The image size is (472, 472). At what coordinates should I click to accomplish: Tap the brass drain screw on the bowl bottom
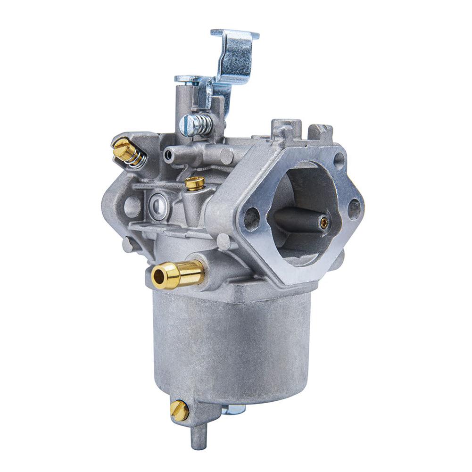click(179, 411)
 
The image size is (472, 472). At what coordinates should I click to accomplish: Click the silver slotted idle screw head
click(187, 126)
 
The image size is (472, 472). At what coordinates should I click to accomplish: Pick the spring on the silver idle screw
click(204, 124)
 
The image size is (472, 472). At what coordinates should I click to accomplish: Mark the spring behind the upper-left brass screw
click(136, 158)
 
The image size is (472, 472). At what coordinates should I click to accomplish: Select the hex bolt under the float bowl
click(231, 408)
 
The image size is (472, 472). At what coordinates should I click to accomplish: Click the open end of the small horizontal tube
click(167, 154)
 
